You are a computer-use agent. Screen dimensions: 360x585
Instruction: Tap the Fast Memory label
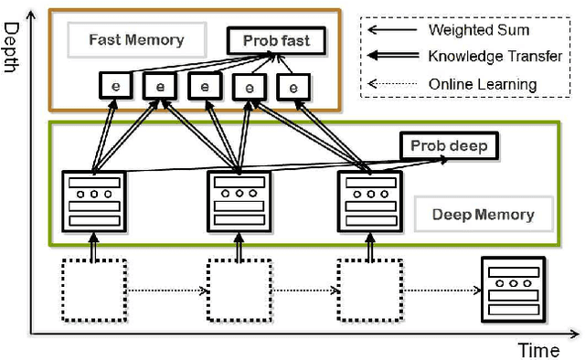tap(136, 39)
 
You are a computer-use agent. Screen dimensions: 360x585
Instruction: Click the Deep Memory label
tap(481, 216)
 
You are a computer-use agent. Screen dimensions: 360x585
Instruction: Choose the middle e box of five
tap(204, 87)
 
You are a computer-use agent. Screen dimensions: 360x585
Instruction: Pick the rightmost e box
tap(292, 87)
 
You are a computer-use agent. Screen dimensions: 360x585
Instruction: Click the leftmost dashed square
tap(93, 291)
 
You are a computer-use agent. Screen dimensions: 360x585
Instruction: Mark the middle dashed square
tap(239, 291)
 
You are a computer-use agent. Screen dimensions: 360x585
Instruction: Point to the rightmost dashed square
tap(369, 291)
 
